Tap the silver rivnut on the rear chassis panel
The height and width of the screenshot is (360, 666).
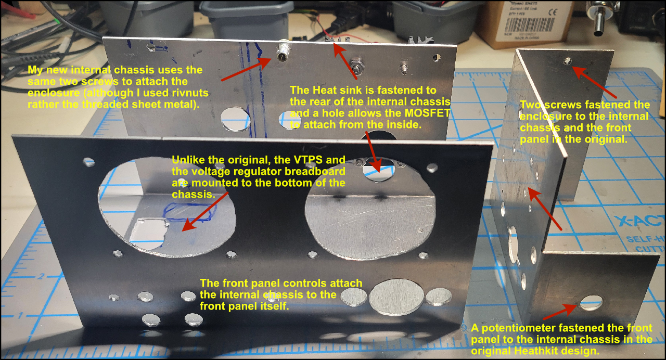[284, 51]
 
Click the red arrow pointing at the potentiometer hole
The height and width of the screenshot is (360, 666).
[559, 312]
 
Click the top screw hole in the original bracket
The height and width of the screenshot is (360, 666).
[567, 61]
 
